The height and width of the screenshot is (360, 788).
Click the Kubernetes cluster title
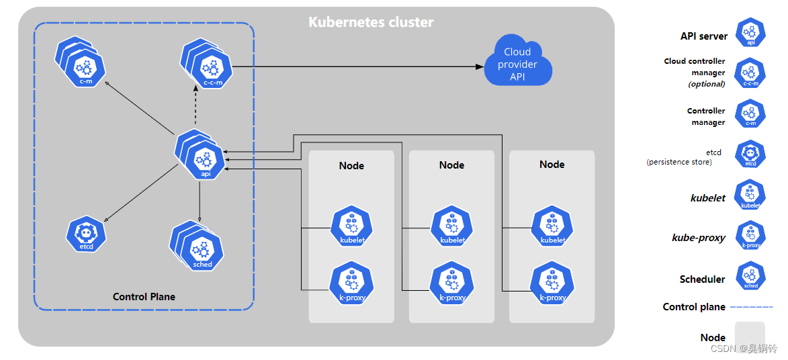(x=370, y=22)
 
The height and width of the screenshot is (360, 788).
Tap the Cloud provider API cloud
(x=518, y=61)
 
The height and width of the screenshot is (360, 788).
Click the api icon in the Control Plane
(x=201, y=155)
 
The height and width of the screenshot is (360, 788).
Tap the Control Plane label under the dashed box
(x=144, y=297)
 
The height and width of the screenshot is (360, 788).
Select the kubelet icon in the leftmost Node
(x=352, y=226)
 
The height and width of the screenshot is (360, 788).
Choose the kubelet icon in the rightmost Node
(x=553, y=226)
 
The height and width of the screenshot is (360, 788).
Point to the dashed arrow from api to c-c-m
(x=195, y=105)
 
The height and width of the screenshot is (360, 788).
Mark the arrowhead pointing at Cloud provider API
(x=480, y=66)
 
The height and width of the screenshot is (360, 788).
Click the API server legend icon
(x=750, y=33)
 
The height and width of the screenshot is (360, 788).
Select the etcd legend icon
(x=750, y=154)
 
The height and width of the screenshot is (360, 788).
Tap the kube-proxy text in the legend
(x=699, y=238)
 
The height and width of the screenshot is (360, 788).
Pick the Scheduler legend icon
(x=751, y=276)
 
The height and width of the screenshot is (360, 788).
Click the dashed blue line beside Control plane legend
(x=750, y=307)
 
